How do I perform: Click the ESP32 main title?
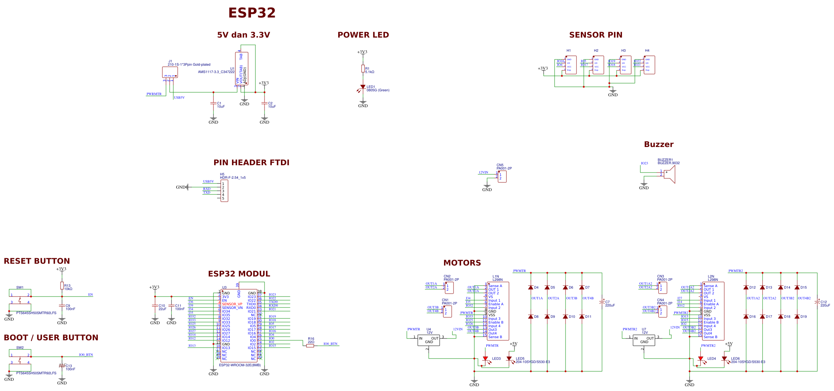coord(252,13)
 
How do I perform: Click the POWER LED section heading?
coord(363,35)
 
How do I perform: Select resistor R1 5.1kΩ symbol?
coord(363,69)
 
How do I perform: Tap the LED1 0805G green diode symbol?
coord(363,87)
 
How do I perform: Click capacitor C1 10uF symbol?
coord(213,104)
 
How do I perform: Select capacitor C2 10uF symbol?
coord(265,104)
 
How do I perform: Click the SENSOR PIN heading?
coord(595,35)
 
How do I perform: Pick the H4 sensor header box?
coord(649,65)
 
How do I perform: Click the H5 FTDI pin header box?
coord(224,191)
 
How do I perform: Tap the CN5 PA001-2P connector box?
coord(502,177)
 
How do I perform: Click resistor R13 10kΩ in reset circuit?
coord(62,286)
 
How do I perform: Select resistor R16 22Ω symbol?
coord(310,346)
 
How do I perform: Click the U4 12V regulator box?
coord(429,340)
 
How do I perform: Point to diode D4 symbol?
coord(531,287)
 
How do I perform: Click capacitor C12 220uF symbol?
coord(817,302)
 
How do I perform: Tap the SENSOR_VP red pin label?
coord(232,304)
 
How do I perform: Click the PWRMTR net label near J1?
coord(154,94)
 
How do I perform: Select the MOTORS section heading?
coord(462,263)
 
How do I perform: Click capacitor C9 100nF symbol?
coord(62,306)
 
